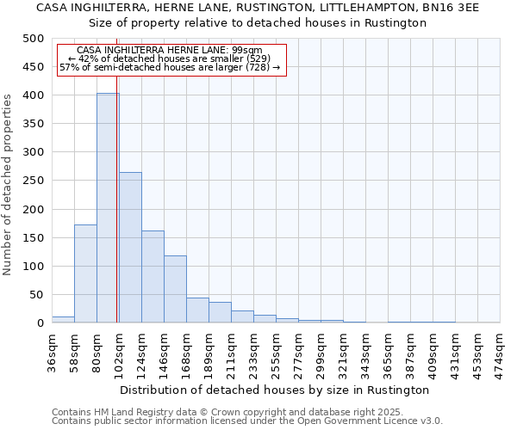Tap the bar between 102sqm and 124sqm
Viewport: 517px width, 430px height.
pyautogui.click(x=130, y=248)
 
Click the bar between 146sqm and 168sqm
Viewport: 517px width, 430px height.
pyautogui.click(x=175, y=289)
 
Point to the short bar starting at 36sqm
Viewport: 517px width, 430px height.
pyautogui.click(x=63, y=319)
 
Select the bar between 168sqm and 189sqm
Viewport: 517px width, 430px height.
pyautogui.click(x=197, y=310)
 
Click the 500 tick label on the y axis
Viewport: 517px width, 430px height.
pyautogui.click(x=34, y=39)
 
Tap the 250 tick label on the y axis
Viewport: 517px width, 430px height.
pyautogui.click(x=34, y=181)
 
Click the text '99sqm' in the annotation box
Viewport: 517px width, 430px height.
pyautogui.click(x=258, y=50)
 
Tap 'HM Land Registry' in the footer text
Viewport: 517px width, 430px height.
pyautogui.click(x=132, y=412)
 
